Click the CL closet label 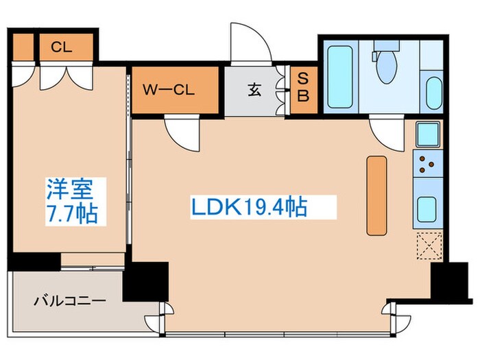tap(62, 47)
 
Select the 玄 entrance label tap(254, 90)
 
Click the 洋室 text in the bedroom tap(69, 187)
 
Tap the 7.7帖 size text tap(69, 212)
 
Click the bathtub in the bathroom tap(339, 77)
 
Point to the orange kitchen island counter tap(376, 194)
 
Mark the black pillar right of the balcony tap(145, 280)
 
